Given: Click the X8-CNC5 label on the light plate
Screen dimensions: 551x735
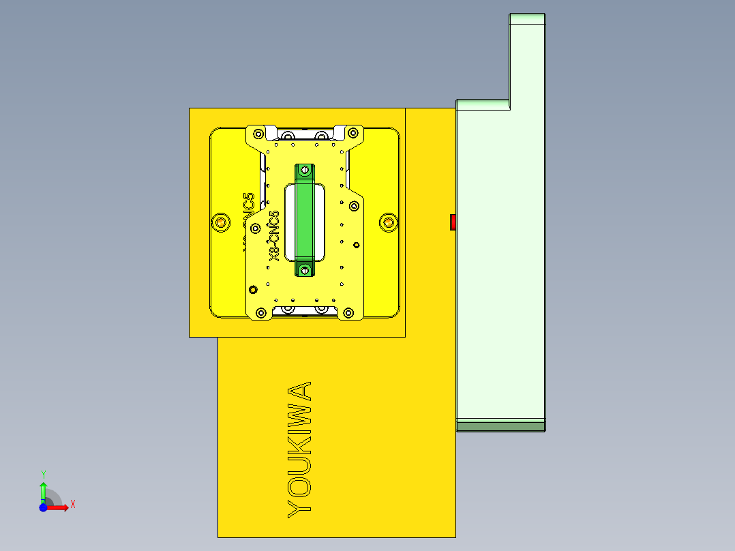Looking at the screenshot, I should [274, 236].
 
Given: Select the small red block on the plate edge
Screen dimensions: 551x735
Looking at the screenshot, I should [453, 222].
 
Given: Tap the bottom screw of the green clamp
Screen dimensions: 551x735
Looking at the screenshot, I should [304, 271].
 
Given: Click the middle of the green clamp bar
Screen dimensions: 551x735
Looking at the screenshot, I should [304, 220].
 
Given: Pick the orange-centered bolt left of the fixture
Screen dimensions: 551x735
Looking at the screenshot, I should [220, 222].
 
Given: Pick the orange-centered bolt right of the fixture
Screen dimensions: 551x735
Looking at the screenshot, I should [388, 222].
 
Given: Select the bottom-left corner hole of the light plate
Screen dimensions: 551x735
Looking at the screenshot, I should [259, 313].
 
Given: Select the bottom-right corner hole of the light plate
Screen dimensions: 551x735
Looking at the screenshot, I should [349, 313].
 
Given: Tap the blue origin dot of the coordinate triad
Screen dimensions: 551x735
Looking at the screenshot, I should [43, 507].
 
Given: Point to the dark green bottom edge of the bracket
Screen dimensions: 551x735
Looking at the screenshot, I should [500, 426].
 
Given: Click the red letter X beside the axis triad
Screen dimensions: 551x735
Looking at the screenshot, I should [72, 504].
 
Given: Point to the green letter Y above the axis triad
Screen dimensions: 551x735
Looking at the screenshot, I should [43, 474].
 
